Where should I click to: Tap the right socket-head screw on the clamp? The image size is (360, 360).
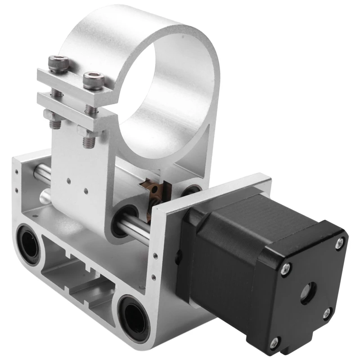tap(94, 80)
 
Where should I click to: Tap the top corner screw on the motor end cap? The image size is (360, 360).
tap(339, 244)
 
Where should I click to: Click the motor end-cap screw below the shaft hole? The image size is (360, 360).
tap(327, 313)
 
